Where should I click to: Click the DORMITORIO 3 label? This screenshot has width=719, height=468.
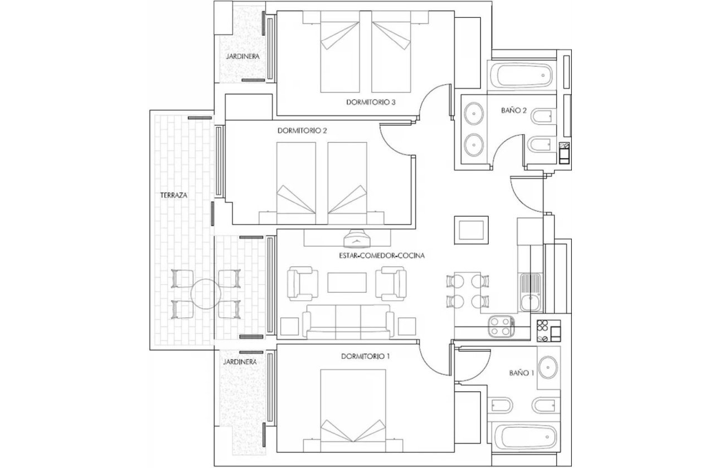pos(371,102)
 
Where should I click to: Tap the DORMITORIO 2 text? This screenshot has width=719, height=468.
pos(302,131)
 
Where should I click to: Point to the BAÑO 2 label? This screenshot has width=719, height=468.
pos(514,110)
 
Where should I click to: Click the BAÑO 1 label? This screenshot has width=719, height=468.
pos(522,373)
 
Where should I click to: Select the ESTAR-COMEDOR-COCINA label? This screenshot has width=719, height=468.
pos(382,256)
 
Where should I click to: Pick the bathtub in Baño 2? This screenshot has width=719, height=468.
pos(521,75)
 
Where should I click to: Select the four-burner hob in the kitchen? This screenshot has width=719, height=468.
pos(501,326)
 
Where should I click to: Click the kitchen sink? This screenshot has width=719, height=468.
pos(528,292)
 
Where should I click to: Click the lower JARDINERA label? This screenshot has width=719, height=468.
pos(240,362)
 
